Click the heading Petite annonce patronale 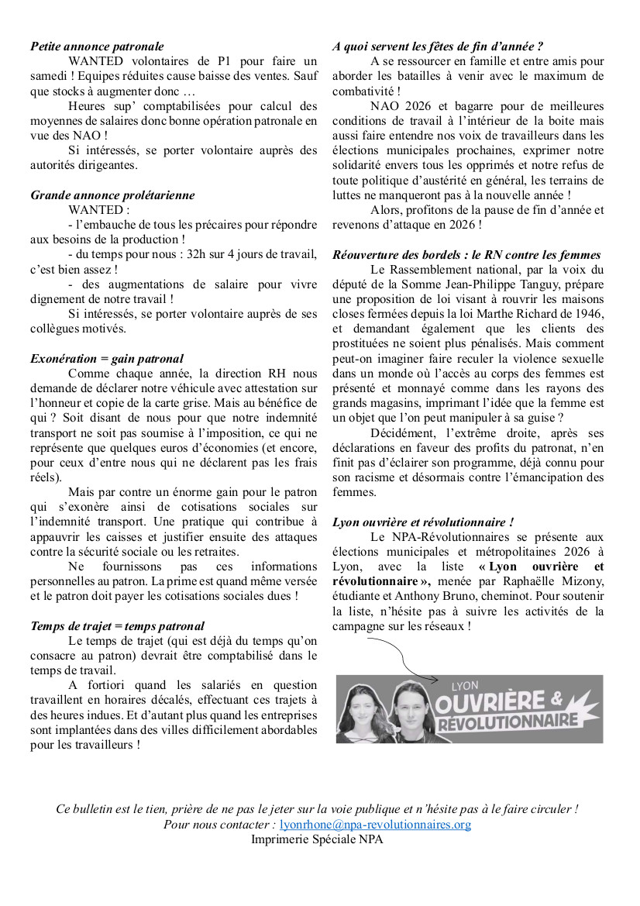(97, 47)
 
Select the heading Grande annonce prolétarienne (112, 195)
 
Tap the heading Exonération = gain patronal (107, 359)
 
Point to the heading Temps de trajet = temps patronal (117, 626)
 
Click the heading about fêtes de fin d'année (438, 47)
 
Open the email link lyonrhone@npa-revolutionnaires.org (375, 825)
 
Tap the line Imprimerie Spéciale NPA (317, 839)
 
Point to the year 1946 (588, 314)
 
